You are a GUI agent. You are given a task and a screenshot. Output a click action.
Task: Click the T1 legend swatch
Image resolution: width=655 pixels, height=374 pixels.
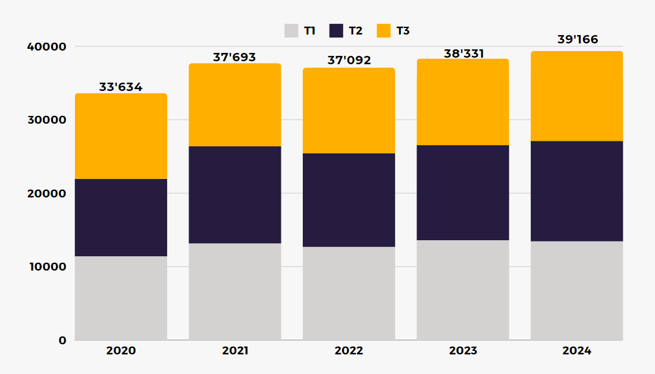point(291,30)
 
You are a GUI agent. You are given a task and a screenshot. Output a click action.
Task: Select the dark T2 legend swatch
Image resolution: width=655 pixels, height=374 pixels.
point(336,30)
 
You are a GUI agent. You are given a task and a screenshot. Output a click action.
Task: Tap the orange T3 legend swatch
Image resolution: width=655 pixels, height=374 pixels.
point(384,30)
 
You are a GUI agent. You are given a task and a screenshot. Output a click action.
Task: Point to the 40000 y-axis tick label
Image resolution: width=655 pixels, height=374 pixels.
point(45,46)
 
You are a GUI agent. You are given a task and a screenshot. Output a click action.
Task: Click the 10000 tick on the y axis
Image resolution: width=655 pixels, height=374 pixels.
point(45,266)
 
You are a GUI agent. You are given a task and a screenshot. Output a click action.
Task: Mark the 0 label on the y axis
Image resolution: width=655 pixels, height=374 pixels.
point(62,340)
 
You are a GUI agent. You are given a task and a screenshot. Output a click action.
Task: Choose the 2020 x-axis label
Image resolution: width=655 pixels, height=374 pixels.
point(121,351)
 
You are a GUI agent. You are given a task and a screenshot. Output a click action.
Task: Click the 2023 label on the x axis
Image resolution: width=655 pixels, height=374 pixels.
point(463,351)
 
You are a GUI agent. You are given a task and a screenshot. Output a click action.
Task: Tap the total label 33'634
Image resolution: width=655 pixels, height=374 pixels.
point(121,87)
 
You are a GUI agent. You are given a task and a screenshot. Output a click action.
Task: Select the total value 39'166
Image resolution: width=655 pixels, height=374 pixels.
point(577,40)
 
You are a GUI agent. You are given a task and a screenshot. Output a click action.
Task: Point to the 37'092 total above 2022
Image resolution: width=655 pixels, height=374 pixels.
point(349,61)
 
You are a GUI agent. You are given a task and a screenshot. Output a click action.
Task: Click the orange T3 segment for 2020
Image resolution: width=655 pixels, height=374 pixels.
point(121,136)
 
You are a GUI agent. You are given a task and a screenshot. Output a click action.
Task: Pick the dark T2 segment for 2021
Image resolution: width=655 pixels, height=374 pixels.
point(235,194)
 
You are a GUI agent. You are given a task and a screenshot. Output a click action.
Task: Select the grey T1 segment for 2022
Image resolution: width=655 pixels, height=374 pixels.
point(349,293)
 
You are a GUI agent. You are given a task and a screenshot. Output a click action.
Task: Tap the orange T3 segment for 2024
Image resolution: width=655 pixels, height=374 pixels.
point(577,96)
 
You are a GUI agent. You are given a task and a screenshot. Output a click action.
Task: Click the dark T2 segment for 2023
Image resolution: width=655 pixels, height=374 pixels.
point(463,193)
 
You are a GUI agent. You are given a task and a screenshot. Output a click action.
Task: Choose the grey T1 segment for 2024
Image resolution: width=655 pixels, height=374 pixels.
point(577,290)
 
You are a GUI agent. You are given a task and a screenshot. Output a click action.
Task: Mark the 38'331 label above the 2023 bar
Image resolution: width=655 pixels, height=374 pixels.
point(463,54)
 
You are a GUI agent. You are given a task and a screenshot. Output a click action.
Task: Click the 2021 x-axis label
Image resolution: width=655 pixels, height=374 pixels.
point(235,351)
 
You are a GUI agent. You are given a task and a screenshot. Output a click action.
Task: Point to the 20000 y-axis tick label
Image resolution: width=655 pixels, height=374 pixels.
point(45,193)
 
